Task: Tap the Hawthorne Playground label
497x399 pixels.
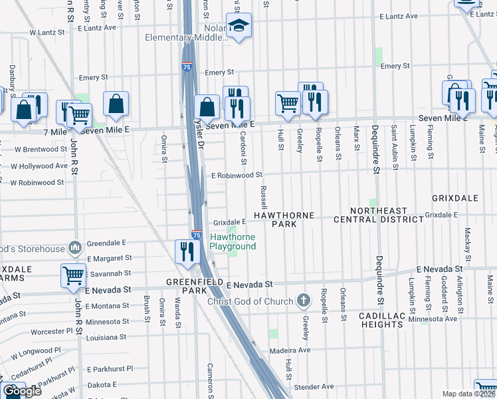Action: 233,242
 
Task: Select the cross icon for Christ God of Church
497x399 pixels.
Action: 304,301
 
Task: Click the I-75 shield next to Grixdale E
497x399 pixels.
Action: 197,235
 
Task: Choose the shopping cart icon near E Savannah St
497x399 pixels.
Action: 73,275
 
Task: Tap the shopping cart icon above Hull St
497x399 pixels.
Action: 287,102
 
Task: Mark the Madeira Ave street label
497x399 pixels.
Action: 290,350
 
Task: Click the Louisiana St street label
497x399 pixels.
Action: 106,337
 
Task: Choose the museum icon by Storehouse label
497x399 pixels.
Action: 74,249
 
